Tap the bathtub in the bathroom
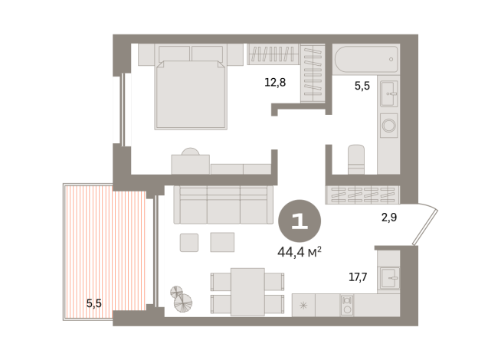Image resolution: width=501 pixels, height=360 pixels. coord(366,59)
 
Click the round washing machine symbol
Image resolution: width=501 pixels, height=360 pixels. coord(389,124)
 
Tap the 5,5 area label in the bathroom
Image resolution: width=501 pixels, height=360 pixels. coord(362,86)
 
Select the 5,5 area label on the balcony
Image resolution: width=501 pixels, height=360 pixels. coord(94,303)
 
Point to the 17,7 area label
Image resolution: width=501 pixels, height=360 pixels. coord(358,277)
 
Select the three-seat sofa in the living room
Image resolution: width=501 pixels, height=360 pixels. coord(224,204)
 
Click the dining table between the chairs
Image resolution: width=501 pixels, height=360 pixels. coord(247,291)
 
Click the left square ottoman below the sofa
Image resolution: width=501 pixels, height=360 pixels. coord(189,242)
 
